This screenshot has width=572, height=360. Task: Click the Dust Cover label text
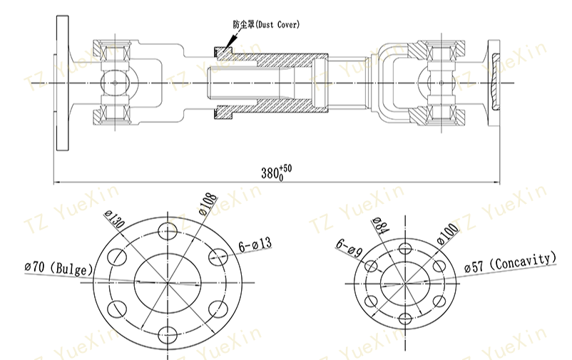point(266,24)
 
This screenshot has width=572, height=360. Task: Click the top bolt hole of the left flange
point(169,230)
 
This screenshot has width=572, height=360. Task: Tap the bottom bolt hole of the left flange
point(169,333)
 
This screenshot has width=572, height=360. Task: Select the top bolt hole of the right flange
point(404,247)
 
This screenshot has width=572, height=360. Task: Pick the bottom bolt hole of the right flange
point(404,317)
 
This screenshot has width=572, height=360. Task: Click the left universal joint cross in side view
point(115,82)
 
